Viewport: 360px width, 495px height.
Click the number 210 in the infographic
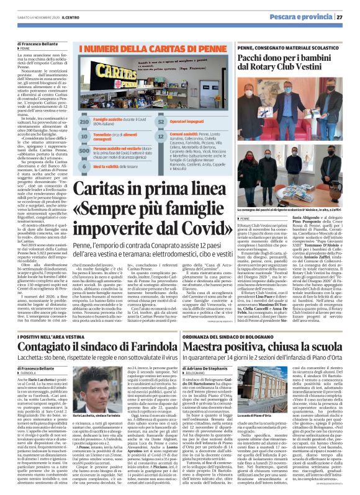pos(85,123)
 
